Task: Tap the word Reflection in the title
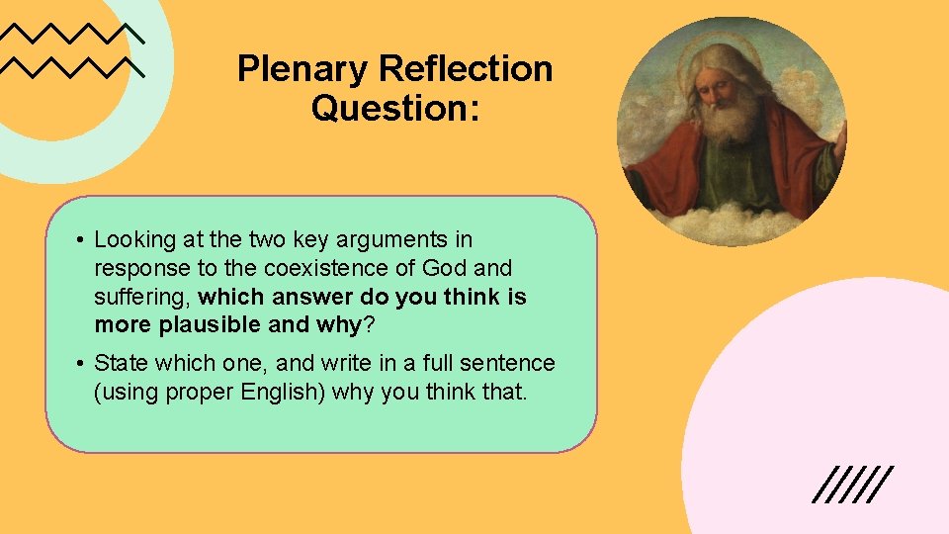[465, 69]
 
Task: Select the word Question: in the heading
[394, 107]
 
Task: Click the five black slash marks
[851, 484]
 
